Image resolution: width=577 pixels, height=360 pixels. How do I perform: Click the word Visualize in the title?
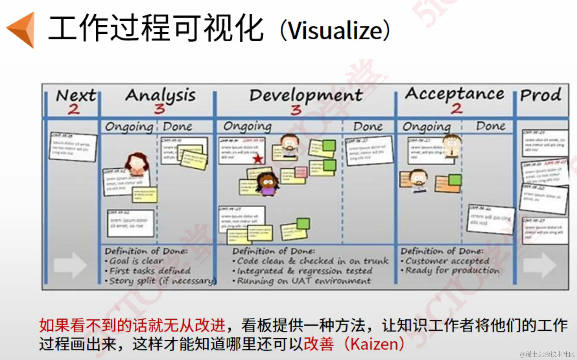[335, 31]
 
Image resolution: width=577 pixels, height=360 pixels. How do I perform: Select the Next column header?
[76, 95]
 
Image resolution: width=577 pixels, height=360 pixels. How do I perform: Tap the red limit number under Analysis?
[159, 109]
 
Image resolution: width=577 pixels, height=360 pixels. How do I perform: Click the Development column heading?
[306, 95]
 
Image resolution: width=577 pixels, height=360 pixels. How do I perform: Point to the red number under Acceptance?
[457, 109]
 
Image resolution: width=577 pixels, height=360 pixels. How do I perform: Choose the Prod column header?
[541, 95]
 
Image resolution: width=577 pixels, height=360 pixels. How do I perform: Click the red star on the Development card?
[258, 159]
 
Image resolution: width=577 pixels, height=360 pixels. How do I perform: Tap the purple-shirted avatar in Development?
[267, 184]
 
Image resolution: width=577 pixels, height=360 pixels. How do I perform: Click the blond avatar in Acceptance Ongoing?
[452, 146]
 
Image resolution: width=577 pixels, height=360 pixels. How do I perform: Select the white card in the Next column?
[73, 147]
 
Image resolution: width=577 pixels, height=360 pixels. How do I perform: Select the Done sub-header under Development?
[368, 127]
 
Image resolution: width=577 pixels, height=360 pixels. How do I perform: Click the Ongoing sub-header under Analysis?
[129, 127]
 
